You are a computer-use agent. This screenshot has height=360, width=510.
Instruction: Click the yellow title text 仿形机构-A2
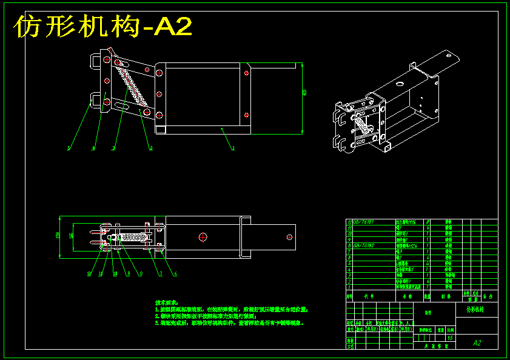(103, 27)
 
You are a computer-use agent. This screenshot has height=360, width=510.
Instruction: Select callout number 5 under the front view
(69, 148)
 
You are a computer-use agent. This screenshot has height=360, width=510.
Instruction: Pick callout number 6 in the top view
(175, 273)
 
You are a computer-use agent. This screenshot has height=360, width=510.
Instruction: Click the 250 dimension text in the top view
(58, 235)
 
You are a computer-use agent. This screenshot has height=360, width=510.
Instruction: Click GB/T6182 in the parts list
(363, 246)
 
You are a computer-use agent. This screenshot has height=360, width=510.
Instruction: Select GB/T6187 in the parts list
(363, 222)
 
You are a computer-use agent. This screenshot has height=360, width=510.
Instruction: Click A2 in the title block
(477, 342)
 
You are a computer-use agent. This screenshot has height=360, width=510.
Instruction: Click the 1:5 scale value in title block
(449, 338)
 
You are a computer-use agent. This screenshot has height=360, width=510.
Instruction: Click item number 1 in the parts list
(349, 286)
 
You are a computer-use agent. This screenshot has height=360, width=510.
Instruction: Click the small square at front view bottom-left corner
(161, 129)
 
